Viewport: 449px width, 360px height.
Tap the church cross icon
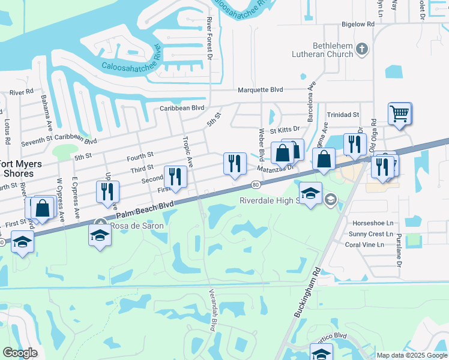tap(362, 49)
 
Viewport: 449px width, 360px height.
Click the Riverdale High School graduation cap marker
tap(310, 194)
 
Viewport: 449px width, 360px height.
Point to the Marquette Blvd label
tap(260, 90)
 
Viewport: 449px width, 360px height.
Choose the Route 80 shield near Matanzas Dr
tap(256, 184)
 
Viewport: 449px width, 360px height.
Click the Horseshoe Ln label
tap(373, 222)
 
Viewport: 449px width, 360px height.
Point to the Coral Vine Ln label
tap(369, 245)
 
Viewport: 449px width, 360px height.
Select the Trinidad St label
tap(342, 114)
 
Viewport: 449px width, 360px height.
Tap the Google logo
tap(20, 353)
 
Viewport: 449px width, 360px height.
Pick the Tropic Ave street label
tap(187, 151)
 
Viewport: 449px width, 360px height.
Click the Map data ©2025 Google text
tap(412, 355)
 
